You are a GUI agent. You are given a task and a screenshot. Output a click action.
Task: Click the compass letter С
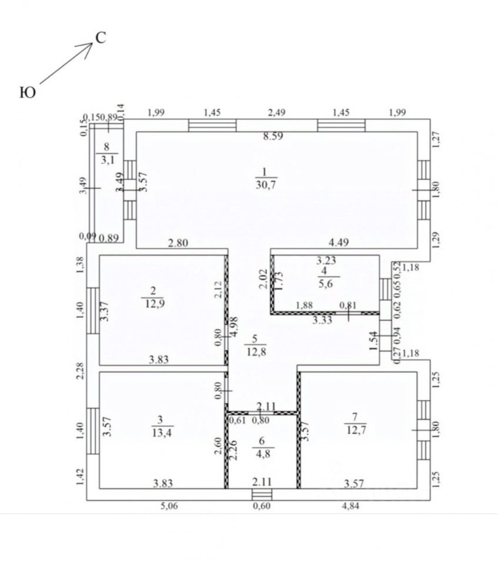point(101,39)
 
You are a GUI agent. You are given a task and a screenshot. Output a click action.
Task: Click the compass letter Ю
point(28,92)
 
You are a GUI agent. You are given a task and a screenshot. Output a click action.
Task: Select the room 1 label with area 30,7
point(265,177)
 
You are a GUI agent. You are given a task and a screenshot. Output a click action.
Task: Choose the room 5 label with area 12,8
point(255,345)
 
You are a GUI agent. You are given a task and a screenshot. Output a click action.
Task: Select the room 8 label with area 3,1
point(106,153)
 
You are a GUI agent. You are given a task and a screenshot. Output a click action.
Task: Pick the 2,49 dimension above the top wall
point(276,113)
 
